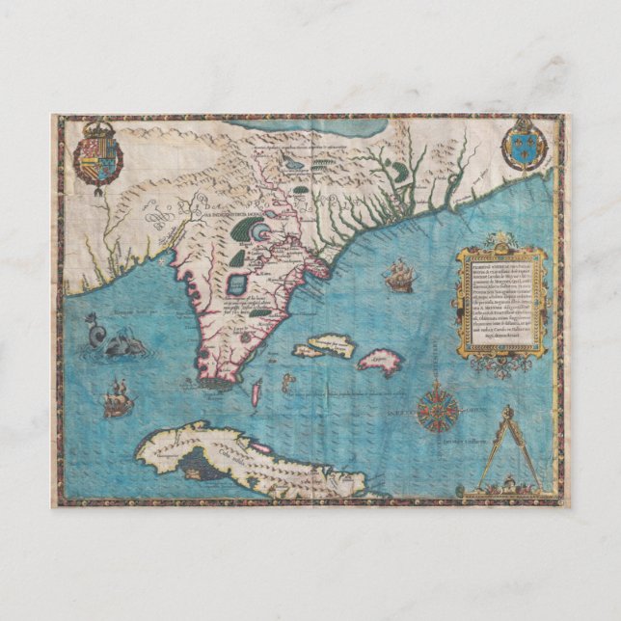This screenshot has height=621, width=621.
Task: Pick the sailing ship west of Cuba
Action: (118, 398)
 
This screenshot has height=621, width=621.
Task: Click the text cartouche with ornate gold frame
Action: (500, 299)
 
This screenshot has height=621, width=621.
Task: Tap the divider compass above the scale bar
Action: (506, 444)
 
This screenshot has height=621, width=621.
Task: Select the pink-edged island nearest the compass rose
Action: (379, 363)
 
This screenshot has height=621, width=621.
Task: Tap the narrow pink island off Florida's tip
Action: (256, 391)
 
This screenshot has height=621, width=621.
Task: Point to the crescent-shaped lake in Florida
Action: (256, 230)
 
